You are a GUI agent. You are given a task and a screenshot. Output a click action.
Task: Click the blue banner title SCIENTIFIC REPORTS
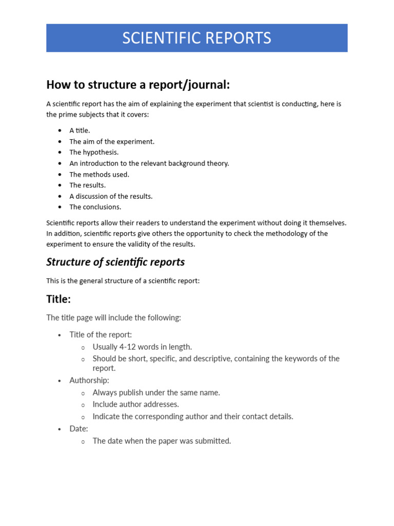pyautogui.click(x=196, y=38)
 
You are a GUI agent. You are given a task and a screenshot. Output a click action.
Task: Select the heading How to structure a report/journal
pyautogui.click(x=138, y=84)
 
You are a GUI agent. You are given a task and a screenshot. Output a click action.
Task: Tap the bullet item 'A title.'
pyautogui.click(x=80, y=130)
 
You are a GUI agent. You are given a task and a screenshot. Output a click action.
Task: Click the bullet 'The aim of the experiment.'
pyautogui.click(x=112, y=141)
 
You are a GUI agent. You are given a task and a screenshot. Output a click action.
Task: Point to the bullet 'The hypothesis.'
pyautogui.click(x=94, y=152)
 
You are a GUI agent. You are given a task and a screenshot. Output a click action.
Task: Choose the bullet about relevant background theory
pyautogui.click(x=149, y=163)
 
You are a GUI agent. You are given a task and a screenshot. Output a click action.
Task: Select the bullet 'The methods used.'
pyautogui.click(x=100, y=174)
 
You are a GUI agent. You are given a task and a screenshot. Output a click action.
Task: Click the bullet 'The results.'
pyautogui.click(x=88, y=185)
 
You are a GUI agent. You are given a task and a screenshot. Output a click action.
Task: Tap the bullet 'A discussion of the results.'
pyautogui.click(x=111, y=196)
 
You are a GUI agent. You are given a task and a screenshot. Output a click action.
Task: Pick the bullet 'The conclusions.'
pyautogui.click(x=95, y=207)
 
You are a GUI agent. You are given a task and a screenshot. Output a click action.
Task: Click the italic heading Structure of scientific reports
pyautogui.click(x=115, y=262)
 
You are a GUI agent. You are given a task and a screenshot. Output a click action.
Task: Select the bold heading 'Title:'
pyautogui.click(x=58, y=299)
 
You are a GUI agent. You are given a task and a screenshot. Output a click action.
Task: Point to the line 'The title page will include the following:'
pyautogui.click(x=113, y=318)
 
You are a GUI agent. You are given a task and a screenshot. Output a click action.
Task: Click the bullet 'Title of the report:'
pyautogui.click(x=101, y=335)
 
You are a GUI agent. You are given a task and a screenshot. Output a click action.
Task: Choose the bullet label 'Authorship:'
pyautogui.click(x=89, y=381)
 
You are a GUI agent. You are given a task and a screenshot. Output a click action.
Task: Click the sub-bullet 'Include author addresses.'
pyautogui.click(x=135, y=404)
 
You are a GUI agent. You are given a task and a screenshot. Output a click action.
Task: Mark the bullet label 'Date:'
pyautogui.click(x=79, y=428)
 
